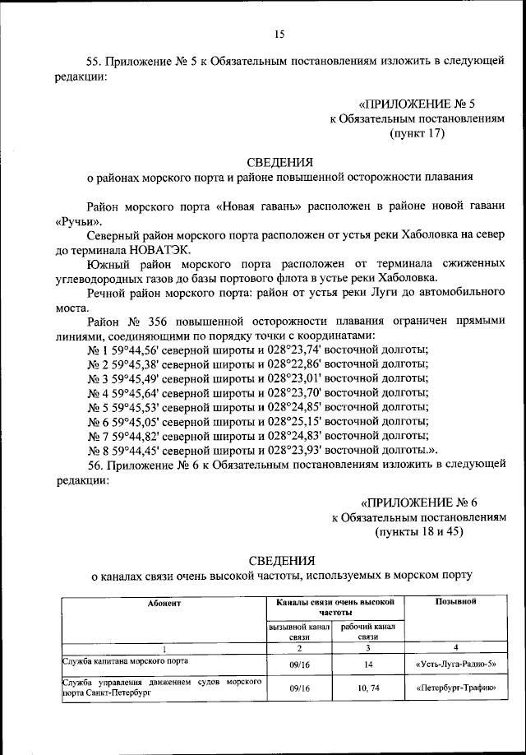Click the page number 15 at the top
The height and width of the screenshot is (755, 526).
(x=279, y=34)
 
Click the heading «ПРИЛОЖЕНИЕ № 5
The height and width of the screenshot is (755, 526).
(x=418, y=104)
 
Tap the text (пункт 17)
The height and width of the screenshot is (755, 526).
(x=417, y=134)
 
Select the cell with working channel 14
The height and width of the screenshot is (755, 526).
(x=367, y=663)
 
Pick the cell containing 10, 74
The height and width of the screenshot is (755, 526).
(x=367, y=687)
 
